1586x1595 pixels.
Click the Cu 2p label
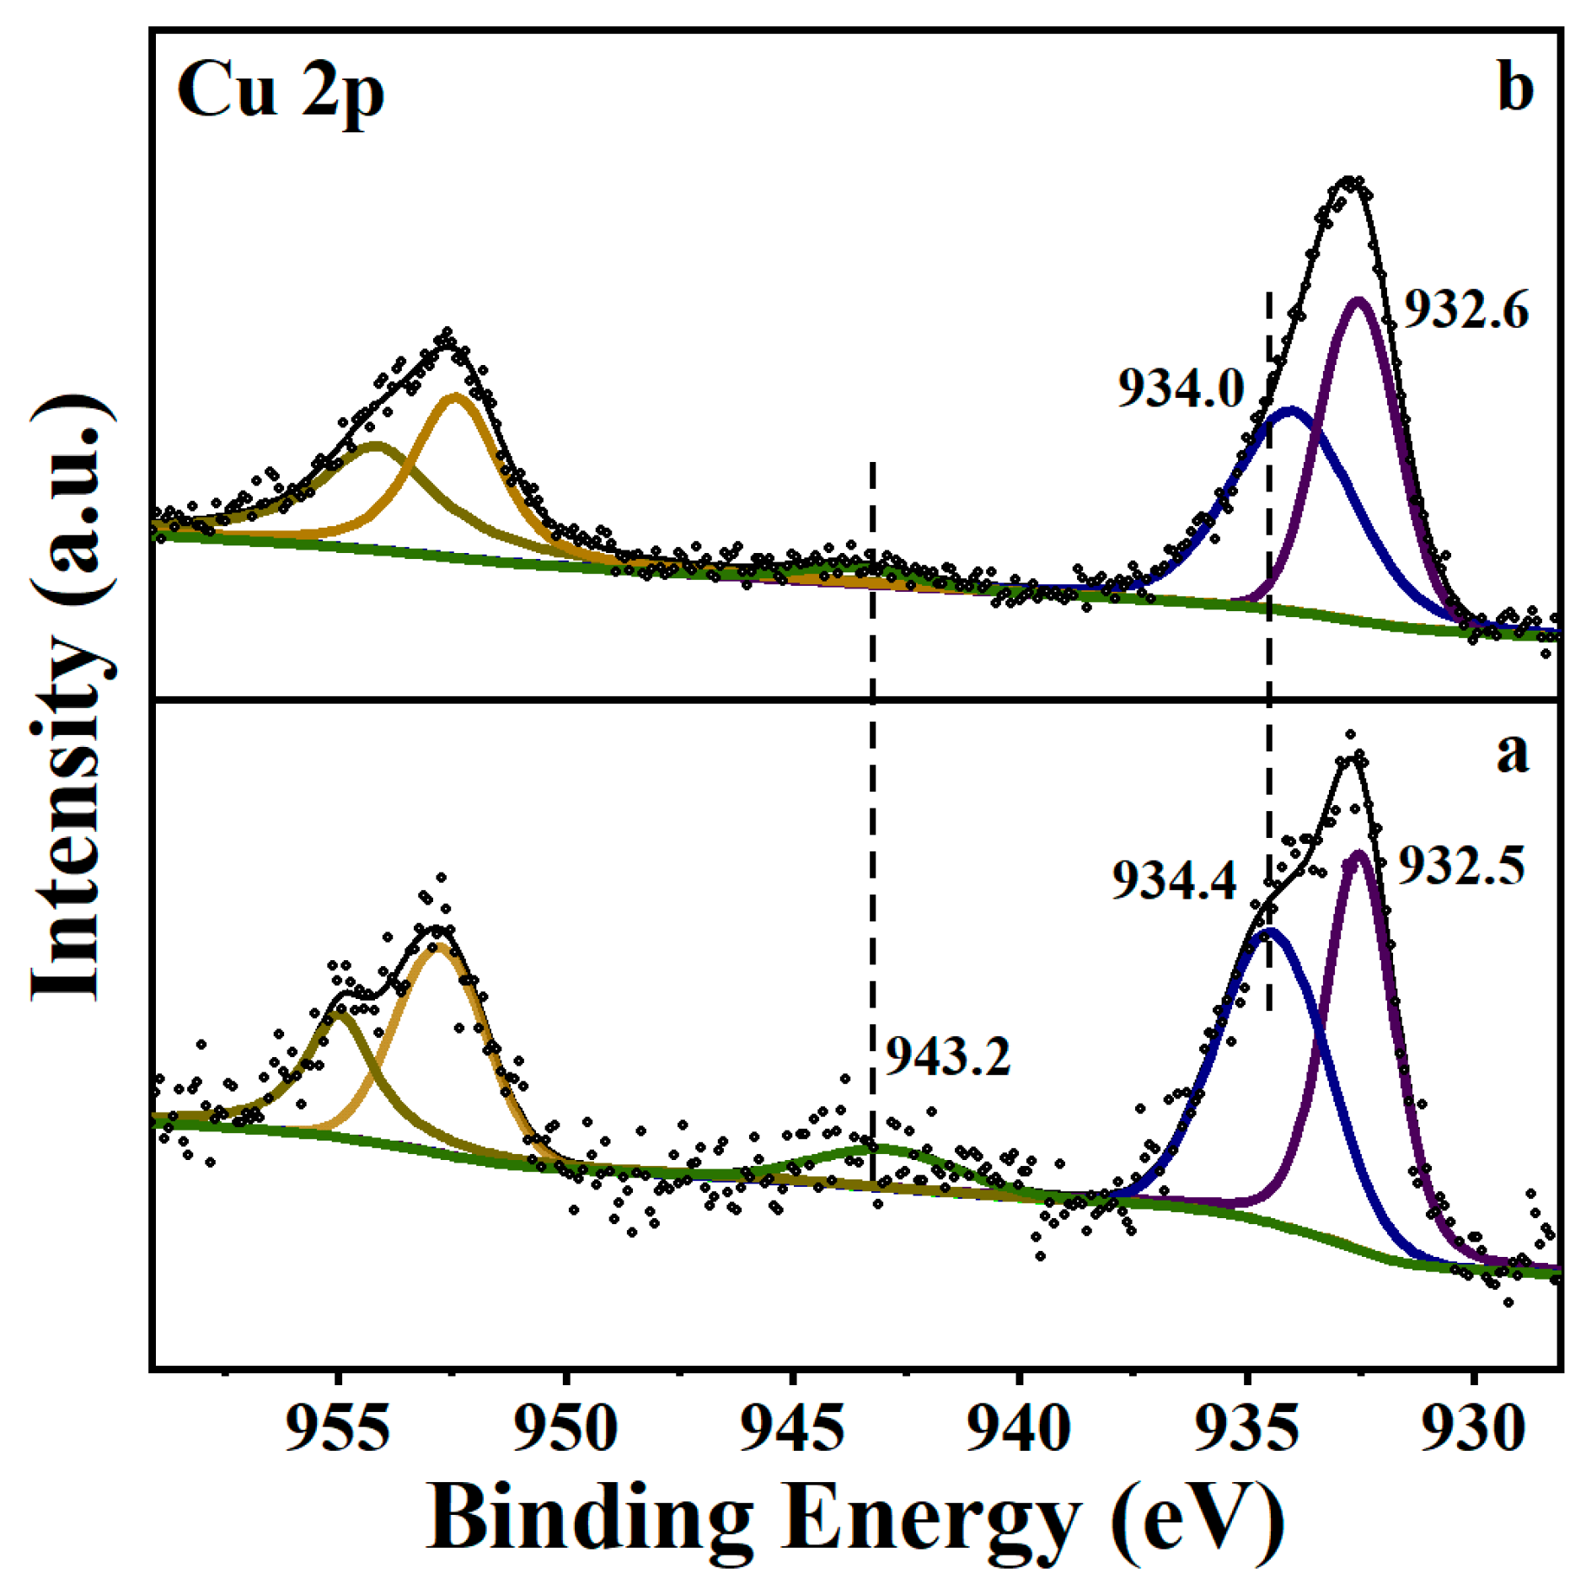[280, 91]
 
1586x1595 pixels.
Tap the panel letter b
[1514, 88]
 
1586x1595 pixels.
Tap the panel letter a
[1512, 752]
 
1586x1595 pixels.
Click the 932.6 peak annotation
[1465, 310]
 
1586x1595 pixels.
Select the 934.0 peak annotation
[1181, 389]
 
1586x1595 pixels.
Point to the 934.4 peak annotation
[1175, 880]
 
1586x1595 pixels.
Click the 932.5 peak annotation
[1461, 866]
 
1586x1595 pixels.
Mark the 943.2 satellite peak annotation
[947, 1055]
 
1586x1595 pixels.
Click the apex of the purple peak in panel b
[1358, 300]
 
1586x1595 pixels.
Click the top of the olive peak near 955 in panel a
[339, 1013]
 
